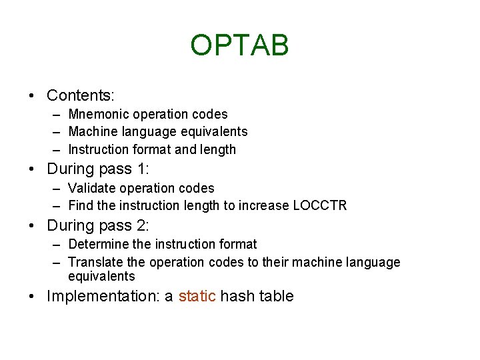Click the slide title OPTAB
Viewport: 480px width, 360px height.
[x=239, y=45]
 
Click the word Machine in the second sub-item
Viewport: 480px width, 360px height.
[x=91, y=132]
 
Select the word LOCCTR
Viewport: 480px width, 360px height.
[x=320, y=205]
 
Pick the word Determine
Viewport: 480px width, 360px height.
[x=97, y=245]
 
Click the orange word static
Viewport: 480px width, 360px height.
[x=197, y=296]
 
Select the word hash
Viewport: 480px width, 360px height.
[x=237, y=296]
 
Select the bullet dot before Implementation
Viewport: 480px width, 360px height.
[x=33, y=297]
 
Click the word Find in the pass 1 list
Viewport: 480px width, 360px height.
[x=81, y=205]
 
